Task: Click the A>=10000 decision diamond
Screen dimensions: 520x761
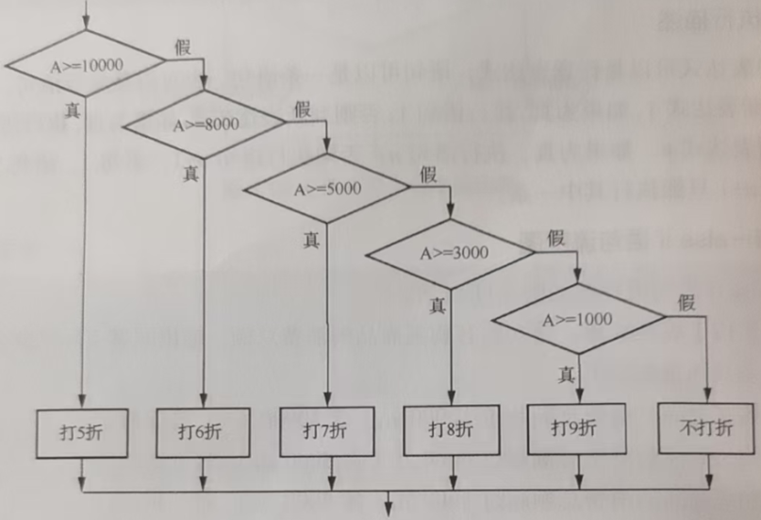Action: (85, 66)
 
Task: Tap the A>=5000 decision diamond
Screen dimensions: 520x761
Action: (327, 187)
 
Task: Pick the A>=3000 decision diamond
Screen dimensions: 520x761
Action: (451, 252)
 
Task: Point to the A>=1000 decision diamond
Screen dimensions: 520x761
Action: (577, 318)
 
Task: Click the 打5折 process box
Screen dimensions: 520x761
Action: (83, 432)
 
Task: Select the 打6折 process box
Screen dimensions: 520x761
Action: (203, 432)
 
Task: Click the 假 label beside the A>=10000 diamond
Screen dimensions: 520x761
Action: (183, 45)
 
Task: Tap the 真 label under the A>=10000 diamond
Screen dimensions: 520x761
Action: (73, 110)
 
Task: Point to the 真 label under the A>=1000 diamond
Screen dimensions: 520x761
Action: (566, 374)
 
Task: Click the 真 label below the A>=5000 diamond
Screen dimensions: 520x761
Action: (311, 239)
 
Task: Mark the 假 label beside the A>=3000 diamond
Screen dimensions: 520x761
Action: (555, 238)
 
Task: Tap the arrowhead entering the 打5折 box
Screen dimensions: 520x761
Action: (83, 402)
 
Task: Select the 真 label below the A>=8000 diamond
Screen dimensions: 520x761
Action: (190, 174)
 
